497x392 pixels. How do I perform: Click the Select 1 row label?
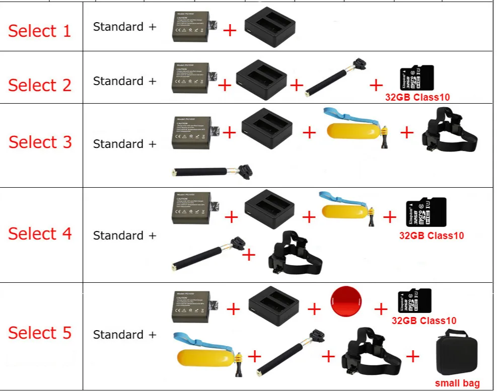(40, 31)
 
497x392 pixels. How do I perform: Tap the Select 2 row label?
(40, 85)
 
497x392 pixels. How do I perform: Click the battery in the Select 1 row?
(194, 27)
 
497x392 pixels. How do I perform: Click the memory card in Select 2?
(416, 78)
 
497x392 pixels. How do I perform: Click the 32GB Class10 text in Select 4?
(432, 236)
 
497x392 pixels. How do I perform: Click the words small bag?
(457, 383)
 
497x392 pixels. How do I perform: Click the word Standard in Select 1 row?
(118, 27)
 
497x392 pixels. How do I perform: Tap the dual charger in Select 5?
(273, 306)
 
